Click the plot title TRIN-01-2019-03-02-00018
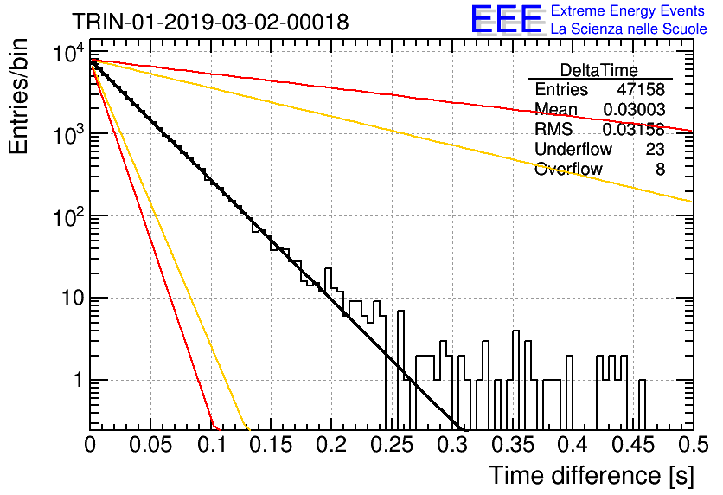click(210, 22)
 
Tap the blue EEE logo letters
click(506, 19)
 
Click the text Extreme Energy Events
click(628, 10)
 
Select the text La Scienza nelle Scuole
click(629, 29)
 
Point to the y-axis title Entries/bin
click(18, 96)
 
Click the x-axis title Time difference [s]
click(592, 475)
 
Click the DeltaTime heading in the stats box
click(599, 70)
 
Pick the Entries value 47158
click(641, 89)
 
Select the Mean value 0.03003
click(634, 109)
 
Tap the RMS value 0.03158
click(634, 130)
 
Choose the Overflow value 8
click(660, 170)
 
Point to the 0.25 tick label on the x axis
click(392, 445)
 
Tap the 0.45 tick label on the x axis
click(633, 445)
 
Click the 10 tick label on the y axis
click(73, 298)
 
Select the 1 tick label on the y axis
click(79, 380)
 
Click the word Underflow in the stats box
click(573, 149)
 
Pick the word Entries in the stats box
click(561, 89)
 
